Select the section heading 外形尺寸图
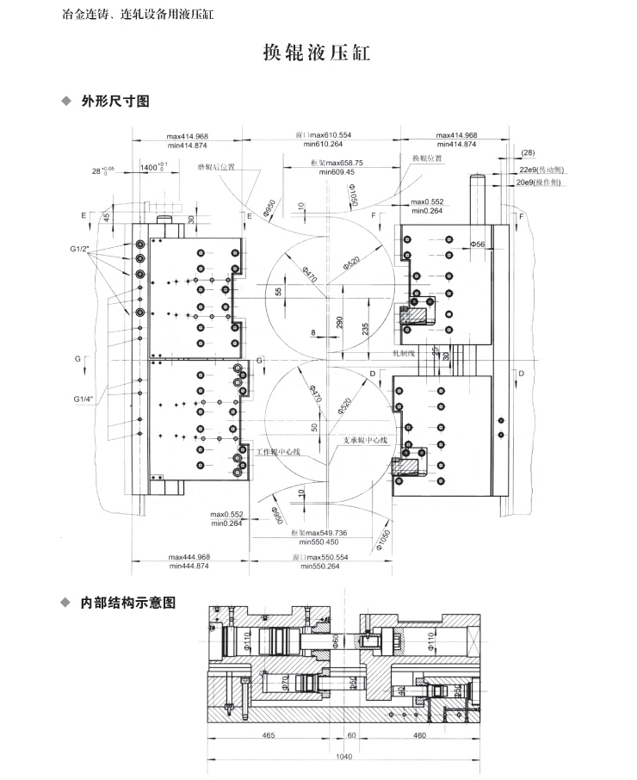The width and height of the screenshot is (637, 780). tap(115, 102)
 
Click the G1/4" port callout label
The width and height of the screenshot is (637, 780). tap(83, 399)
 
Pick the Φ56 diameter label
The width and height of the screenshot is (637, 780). tap(478, 245)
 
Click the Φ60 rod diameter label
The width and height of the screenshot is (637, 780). tap(336, 641)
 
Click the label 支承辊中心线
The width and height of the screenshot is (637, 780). tap(365, 439)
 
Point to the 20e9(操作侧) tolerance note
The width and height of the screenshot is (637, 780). tap(540, 183)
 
